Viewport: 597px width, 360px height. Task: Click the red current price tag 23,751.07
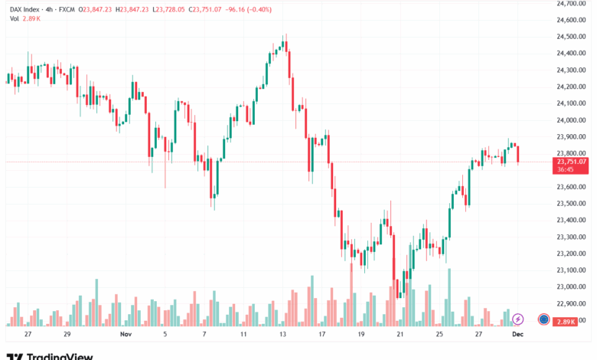[x=572, y=162]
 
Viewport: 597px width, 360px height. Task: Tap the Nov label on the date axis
[x=126, y=335]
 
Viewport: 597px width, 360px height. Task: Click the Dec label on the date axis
[x=517, y=335]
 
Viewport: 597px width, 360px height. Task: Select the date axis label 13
[x=282, y=335]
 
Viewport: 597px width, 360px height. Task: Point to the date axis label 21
[x=400, y=335]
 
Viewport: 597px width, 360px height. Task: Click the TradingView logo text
[x=60, y=356]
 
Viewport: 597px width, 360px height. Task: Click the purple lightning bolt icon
[x=518, y=319]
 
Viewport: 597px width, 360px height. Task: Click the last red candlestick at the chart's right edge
[x=518, y=154]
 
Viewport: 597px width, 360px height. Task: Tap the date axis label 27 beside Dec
[x=478, y=335]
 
